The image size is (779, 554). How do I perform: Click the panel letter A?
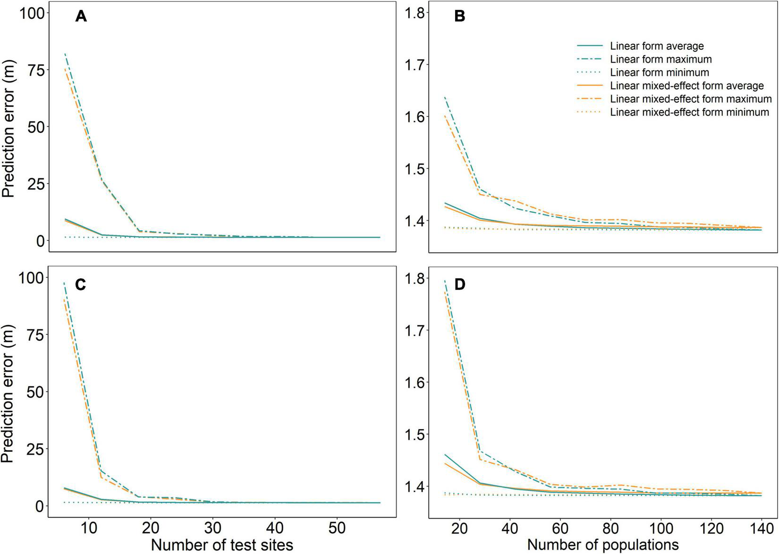tap(81, 17)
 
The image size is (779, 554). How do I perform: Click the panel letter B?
tap(459, 17)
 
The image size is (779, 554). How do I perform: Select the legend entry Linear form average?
tap(656, 46)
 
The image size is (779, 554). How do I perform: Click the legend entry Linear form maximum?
tap(660, 59)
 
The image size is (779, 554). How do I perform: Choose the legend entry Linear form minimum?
tap(659, 73)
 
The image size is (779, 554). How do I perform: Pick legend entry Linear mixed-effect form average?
tap(686, 86)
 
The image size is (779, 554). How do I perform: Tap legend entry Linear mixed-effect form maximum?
tap(690, 99)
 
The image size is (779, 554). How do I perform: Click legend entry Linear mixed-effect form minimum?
tap(689, 112)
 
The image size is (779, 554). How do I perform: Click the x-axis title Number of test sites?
tap(222, 545)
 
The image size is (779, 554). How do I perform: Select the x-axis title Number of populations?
tap(602, 545)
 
